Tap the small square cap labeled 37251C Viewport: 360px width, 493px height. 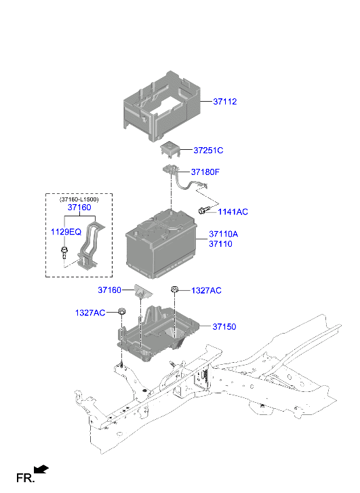[169, 149]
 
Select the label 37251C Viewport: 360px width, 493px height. [207, 151]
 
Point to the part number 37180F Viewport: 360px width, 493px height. [205, 172]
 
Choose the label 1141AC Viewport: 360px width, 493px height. [233, 212]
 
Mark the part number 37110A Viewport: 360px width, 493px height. [223, 234]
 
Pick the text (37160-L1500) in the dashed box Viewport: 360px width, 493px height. [79, 199]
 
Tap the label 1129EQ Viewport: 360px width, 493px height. [66, 232]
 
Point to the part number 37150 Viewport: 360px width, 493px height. [224, 327]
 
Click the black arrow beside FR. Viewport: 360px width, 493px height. [42, 469]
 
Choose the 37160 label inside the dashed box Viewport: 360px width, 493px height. [79, 208]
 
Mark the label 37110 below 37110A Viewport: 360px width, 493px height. [220, 243]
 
